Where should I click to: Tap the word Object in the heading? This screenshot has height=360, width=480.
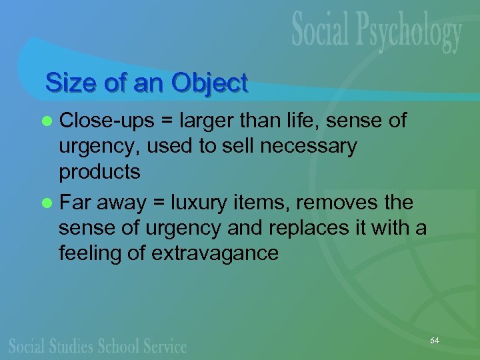(209, 83)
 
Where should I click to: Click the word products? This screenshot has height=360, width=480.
(99, 172)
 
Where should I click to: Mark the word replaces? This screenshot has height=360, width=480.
(313, 227)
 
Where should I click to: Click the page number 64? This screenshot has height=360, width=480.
(435, 341)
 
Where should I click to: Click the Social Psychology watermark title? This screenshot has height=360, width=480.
(376, 33)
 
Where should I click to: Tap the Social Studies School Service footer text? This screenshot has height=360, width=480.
(98, 345)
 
